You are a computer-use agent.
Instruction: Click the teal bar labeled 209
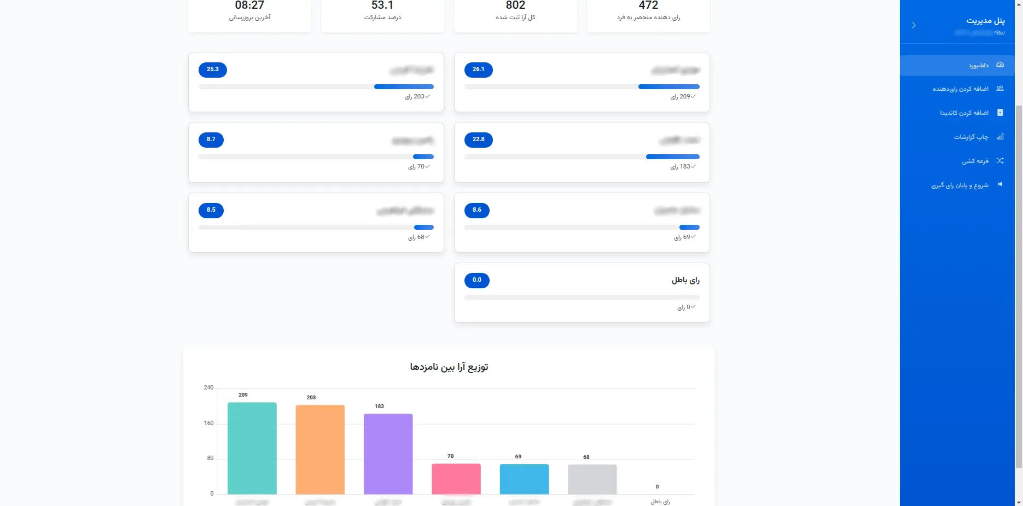[252, 448]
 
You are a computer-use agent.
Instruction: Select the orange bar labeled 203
[320, 449]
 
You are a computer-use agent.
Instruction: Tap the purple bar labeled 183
[388, 453]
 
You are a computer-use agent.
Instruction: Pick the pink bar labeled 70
[456, 479]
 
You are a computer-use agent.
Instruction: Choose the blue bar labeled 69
[524, 479]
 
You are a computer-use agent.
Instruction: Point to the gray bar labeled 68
[592, 479]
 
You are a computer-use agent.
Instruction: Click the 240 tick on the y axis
[208, 387]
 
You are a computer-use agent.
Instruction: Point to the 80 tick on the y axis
[210, 458]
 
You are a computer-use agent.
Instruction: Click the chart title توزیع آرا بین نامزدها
[449, 367]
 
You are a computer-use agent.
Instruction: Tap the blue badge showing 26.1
[478, 69]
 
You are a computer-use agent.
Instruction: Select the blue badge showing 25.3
[212, 69]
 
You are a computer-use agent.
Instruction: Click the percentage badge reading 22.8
[478, 139]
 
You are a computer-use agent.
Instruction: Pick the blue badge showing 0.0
[476, 280]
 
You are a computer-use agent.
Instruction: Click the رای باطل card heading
[685, 280]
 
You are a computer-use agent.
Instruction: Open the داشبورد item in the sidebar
[978, 66]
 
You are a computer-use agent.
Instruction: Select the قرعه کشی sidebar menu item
[975, 161]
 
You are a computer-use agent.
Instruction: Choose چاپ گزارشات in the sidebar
[971, 137]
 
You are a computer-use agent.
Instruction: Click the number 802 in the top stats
[515, 5]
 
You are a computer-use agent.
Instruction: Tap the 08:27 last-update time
[249, 5]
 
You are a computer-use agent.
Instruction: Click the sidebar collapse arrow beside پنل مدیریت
[914, 25]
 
